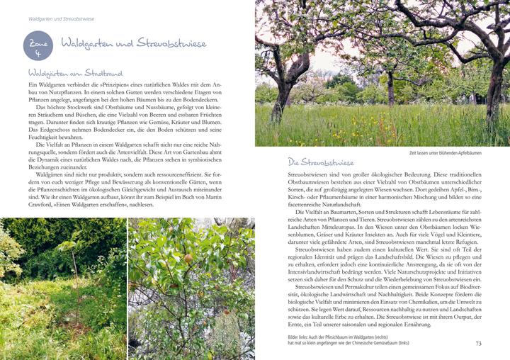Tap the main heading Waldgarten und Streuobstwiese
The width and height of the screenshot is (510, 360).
[133, 44]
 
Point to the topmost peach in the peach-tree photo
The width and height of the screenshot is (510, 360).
[187, 258]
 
